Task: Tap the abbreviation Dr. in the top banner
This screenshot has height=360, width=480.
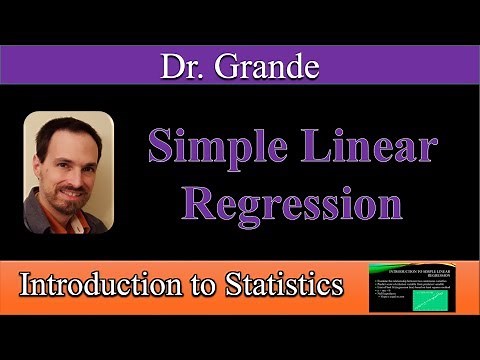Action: coord(184,66)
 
